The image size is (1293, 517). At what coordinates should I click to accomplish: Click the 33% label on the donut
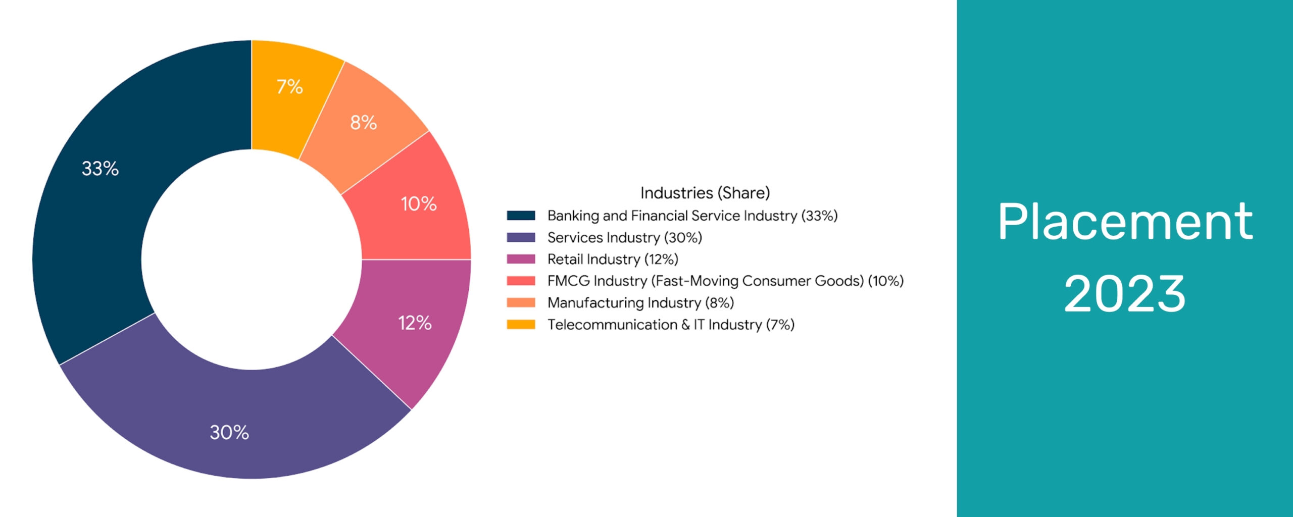(100, 169)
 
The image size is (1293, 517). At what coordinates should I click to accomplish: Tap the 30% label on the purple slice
(229, 432)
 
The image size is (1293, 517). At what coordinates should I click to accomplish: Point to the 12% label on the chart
(415, 323)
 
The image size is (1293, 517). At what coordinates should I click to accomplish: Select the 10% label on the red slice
(418, 204)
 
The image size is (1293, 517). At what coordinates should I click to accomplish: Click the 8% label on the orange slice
(363, 123)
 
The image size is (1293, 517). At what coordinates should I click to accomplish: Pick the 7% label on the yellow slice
(289, 87)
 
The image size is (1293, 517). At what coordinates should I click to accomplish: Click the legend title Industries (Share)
(705, 193)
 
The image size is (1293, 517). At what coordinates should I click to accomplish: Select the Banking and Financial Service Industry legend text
(692, 216)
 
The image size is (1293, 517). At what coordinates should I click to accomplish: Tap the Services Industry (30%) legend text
(625, 237)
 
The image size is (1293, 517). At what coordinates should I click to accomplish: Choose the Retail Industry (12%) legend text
(613, 259)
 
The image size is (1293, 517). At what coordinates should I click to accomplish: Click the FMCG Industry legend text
(725, 281)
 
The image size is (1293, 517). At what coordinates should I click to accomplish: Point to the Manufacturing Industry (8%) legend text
(640, 302)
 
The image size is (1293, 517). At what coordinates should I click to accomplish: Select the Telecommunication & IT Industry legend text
(671, 324)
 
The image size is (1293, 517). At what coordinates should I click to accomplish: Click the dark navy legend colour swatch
(521, 216)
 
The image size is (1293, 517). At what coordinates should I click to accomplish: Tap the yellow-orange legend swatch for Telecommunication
(521, 324)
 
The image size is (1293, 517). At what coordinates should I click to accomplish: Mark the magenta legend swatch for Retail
(521, 259)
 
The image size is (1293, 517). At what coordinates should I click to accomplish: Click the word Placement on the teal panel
(1125, 222)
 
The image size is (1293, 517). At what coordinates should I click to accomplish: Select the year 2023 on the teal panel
(1125, 294)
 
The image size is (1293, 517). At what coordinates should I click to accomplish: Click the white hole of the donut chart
(252, 260)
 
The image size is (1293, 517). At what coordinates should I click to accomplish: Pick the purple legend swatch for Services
(521, 237)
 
